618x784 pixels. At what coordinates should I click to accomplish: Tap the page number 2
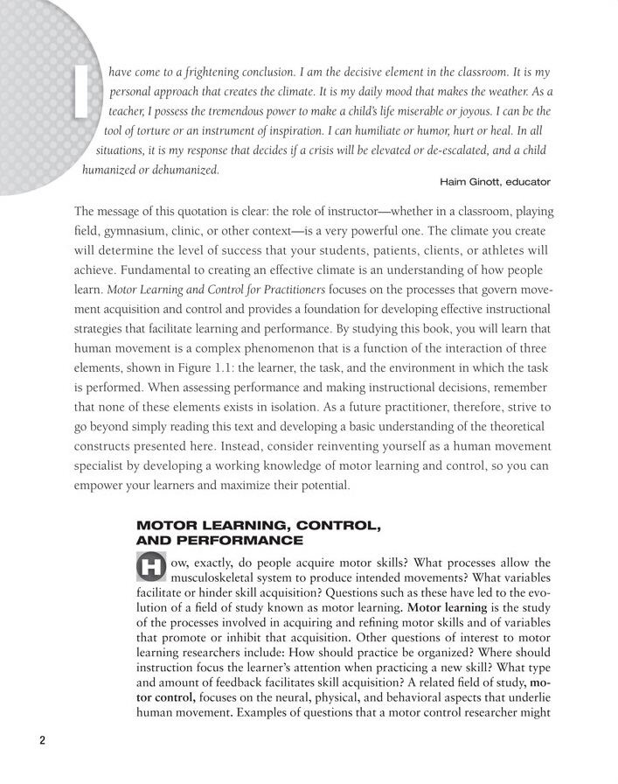click(x=42, y=739)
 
